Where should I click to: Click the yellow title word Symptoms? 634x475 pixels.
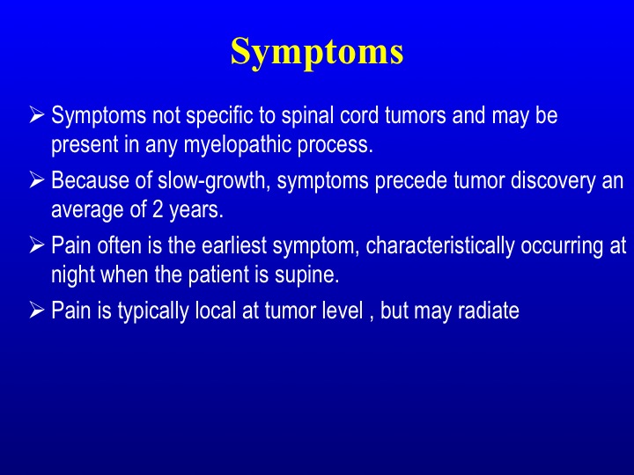tap(317, 53)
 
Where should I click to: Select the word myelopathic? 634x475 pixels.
tap(238, 145)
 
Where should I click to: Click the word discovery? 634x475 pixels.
tap(553, 181)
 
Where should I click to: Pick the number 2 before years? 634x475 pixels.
tap(158, 210)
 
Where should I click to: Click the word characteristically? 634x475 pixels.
tap(440, 246)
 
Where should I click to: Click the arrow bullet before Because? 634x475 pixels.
tap(36, 180)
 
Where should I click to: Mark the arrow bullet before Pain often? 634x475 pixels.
tap(36, 245)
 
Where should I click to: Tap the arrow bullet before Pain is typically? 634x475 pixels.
tap(36, 311)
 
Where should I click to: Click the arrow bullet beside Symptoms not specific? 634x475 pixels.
tap(36, 114)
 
